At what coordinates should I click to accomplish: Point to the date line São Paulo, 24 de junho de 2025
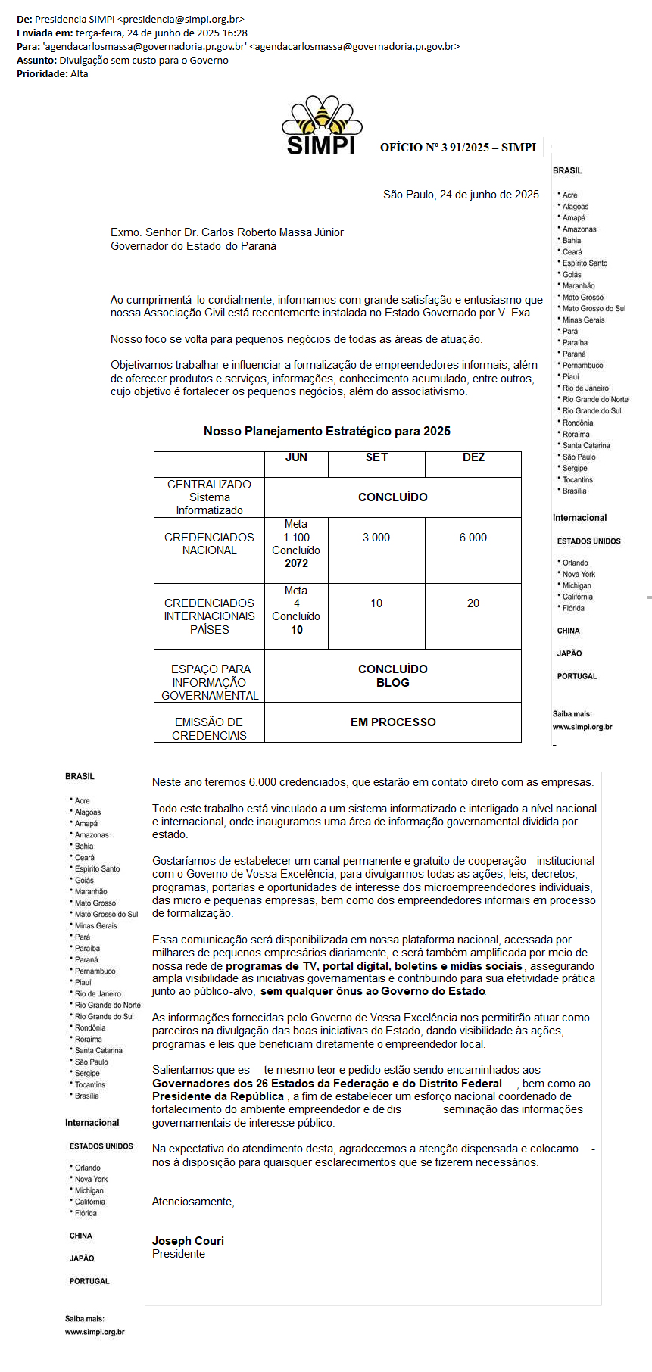pyautogui.click(x=462, y=195)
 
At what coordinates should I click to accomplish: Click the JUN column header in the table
pyautogui.click(x=296, y=457)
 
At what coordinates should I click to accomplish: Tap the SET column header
pyautogui.click(x=376, y=457)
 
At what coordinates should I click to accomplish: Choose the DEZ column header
pyautogui.click(x=473, y=457)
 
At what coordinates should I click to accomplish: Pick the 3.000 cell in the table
pyautogui.click(x=376, y=538)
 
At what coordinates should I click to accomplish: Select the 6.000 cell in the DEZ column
pyautogui.click(x=473, y=538)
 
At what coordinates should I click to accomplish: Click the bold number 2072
pyautogui.click(x=296, y=563)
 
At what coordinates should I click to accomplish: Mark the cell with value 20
pyautogui.click(x=473, y=603)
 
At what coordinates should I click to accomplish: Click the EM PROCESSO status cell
pyautogui.click(x=393, y=722)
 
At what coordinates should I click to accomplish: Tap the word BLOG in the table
pyautogui.click(x=393, y=683)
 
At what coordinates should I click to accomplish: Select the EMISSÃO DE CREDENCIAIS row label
pyautogui.click(x=209, y=728)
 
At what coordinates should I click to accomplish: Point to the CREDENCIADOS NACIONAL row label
pyautogui.click(x=209, y=544)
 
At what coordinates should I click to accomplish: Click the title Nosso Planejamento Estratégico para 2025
pyautogui.click(x=327, y=431)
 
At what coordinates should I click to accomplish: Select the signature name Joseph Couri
pyautogui.click(x=188, y=1240)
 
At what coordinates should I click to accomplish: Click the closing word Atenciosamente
pyautogui.click(x=193, y=1202)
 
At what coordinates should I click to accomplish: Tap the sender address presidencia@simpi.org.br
pyautogui.click(x=181, y=19)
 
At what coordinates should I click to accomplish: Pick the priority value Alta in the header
pyautogui.click(x=80, y=73)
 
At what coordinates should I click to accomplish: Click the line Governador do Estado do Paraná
pyautogui.click(x=193, y=246)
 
